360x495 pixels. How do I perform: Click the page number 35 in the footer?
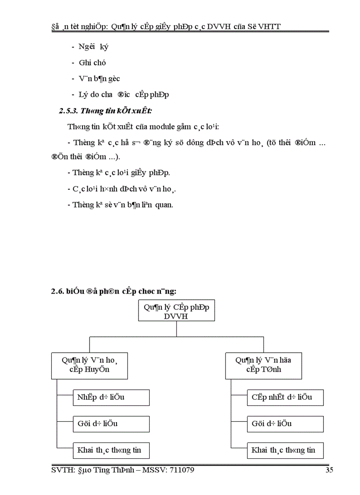pyautogui.click(x=329, y=470)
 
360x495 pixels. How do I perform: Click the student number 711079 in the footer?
pyautogui.click(x=180, y=470)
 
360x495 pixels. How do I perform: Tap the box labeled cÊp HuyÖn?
pyautogui.click(x=90, y=365)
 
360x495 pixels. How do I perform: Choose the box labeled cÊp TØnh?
pyautogui.click(x=263, y=365)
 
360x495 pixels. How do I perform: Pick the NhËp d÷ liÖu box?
pyautogui.click(x=111, y=397)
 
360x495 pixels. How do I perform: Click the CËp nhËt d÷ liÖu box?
pyautogui.click(x=285, y=397)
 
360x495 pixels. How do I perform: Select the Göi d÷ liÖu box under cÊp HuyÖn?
pyautogui.click(x=111, y=424)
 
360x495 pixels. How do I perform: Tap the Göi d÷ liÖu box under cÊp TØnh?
pyautogui.click(x=285, y=424)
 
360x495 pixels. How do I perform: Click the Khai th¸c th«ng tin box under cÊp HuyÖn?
pyautogui.click(x=111, y=450)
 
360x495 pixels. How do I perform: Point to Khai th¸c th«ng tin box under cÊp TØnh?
pyautogui.click(x=285, y=450)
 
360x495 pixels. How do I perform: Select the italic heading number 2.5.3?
pyautogui.click(x=70, y=111)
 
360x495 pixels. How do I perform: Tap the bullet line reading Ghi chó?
pyautogui.click(x=92, y=63)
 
